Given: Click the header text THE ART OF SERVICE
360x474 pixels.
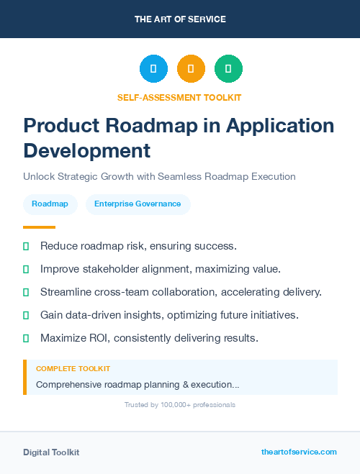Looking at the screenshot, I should click(180, 19).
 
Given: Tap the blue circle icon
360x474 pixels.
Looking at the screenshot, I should click(153, 69).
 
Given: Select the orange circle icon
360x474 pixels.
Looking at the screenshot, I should click(191, 69).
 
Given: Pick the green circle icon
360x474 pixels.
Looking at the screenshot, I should click(228, 69).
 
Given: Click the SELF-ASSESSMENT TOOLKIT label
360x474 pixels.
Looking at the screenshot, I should click(179, 97).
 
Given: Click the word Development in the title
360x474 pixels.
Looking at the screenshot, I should click(87, 150).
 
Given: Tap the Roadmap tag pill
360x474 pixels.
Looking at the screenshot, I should click(50, 204).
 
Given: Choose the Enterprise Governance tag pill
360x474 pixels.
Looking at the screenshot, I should click(138, 204).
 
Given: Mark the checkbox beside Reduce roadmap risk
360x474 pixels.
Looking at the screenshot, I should click(26, 247).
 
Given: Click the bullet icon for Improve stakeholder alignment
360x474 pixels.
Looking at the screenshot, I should click(26, 270).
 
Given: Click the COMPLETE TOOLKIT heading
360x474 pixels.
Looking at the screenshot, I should click(73, 369).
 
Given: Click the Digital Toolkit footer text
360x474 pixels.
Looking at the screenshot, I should click(51, 452).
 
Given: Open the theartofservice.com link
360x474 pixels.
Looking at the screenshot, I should click(299, 452).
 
